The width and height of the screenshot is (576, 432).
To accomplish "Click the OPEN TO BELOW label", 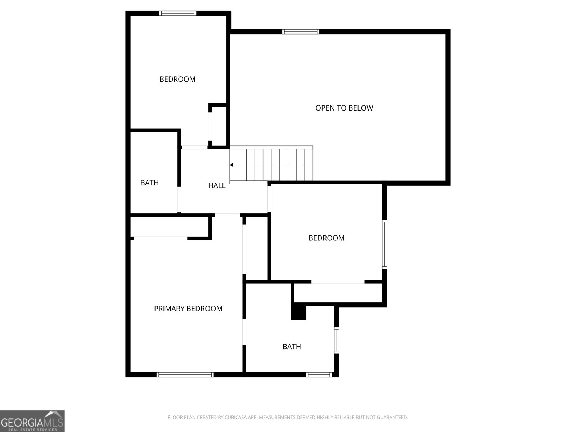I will [x=344, y=108].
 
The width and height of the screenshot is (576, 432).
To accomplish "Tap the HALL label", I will [x=217, y=185].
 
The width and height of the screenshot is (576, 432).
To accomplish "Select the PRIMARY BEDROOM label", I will [x=188, y=309].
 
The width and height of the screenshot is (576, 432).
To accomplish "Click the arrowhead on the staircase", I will [x=232, y=165].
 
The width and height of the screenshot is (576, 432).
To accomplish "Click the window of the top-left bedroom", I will [x=178, y=14].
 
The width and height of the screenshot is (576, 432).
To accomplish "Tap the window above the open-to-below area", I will [x=301, y=32].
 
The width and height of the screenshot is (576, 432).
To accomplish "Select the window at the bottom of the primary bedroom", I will [x=185, y=375].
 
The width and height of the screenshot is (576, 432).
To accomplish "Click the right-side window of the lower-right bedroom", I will [x=384, y=244].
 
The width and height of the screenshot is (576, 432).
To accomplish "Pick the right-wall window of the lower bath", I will [x=337, y=340].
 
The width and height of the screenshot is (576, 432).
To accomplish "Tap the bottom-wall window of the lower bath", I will [x=319, y=375].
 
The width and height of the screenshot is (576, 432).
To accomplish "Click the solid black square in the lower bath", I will [x=298, y=312].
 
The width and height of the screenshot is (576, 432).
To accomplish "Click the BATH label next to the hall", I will [x=149, y=183].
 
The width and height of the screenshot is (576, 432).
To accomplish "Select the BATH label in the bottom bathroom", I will [x=292, y=347].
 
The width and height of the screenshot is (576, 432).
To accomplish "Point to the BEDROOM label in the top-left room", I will [x=177, y=79].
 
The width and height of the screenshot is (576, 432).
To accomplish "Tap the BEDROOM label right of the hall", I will [x=326, y=238].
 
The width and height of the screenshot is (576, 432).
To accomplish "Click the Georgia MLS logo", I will [x=32, y=421].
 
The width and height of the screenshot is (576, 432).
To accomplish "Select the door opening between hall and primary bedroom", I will [x=227, y=215].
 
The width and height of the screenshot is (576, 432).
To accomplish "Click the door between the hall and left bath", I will [x=179, y=200].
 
